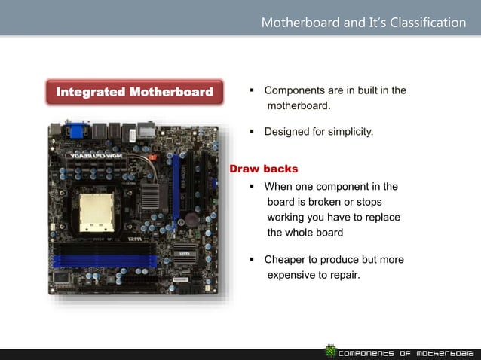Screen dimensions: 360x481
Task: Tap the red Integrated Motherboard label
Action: [x=135, y=93]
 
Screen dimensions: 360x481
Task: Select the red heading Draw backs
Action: [x=263, y=169]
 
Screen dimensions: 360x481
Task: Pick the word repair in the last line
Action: [x=344, y=274]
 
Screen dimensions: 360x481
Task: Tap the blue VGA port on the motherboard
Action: [x=78, y=129]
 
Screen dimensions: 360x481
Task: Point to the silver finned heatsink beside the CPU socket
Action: [x=150, y=196]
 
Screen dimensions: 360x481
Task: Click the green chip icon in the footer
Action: [x=329, y=351]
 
